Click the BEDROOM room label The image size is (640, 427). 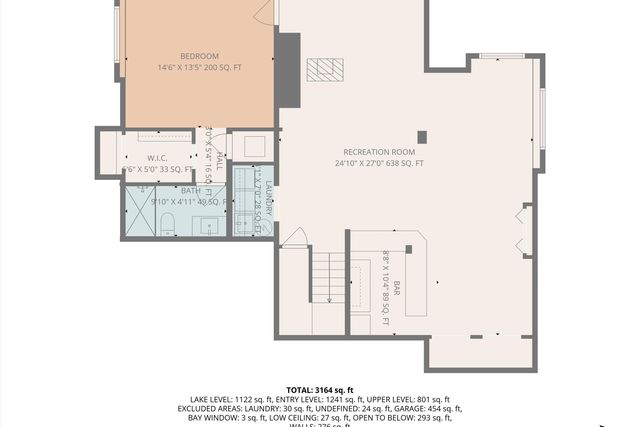click(199, 56)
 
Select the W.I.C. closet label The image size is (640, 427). click(157, 158)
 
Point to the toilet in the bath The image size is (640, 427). click(168, 222)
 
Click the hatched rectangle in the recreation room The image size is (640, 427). click(324, 69)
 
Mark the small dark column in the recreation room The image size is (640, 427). click(422, 137)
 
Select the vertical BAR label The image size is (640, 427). click(396, 286)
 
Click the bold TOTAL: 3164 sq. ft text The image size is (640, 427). click(320, 390)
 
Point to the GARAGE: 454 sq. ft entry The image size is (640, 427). click(432, 409)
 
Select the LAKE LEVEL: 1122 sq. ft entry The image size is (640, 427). click(232, 400)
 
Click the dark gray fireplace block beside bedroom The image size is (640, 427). click(287, 70)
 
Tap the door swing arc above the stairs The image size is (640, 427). click(293, 238)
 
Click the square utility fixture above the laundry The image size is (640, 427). click(254, 146)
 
